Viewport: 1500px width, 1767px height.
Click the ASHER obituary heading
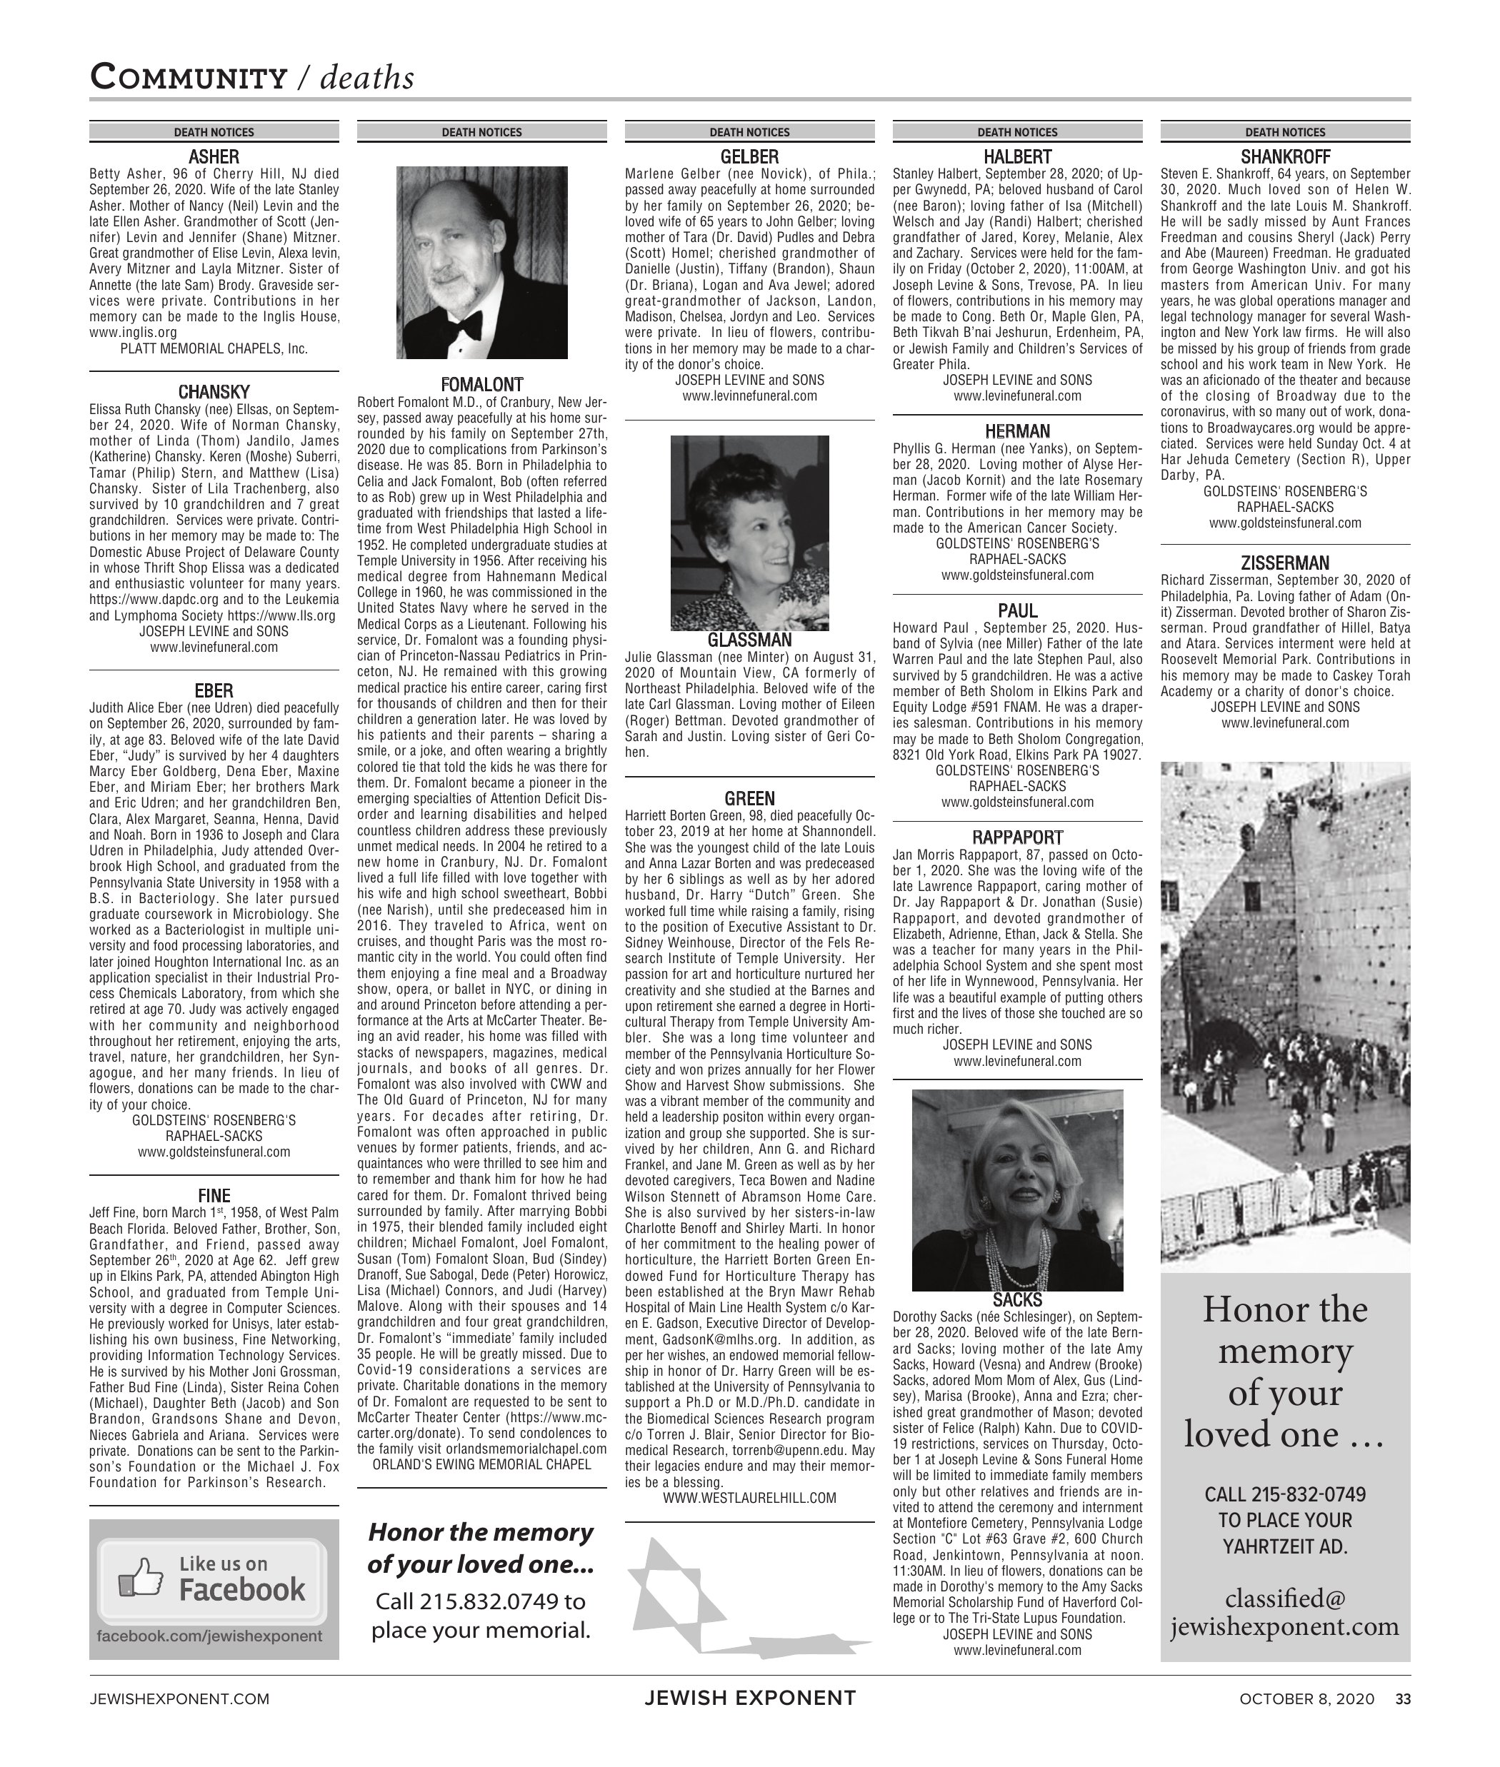click(x=214, y=157)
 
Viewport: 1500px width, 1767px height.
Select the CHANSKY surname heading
click(x=214, y=392)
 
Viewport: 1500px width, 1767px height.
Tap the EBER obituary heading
click(x=214, y=691)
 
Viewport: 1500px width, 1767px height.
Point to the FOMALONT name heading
click(x=481, y=384)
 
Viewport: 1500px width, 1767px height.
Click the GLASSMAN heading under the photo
click(x=749, y=640)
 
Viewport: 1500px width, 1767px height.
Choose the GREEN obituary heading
click(x=749, y=798)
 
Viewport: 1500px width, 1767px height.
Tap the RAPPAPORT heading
click(x=1017, y=837)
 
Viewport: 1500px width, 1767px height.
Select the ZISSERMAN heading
click(x=1285, y=563)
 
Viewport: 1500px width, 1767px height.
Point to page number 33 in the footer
click(x=1402, y=1699)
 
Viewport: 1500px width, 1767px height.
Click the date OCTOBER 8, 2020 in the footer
click(x=1306, y=1699)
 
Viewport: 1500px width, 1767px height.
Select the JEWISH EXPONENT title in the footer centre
click(x=749, y=1698)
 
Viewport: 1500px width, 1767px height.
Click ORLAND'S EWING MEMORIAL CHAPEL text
click(x=481, y=1464)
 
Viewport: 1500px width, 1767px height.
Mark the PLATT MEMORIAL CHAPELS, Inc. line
click(x=214, y=348)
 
